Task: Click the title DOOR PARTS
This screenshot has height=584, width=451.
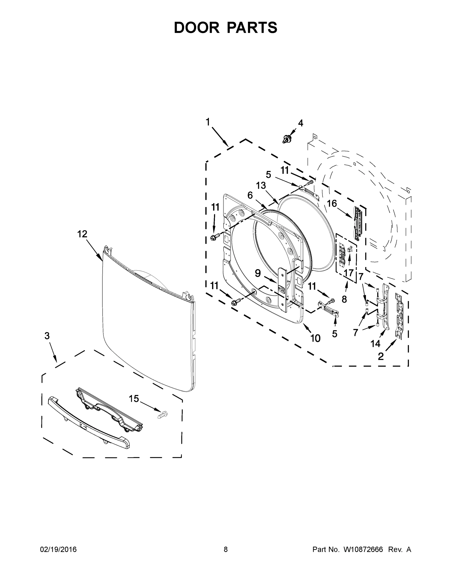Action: tap(226, 27)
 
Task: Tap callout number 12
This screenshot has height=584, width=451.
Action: tap(82, 234)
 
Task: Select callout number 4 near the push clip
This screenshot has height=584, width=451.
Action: tap(301, 123)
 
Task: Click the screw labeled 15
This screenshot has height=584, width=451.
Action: tap(163, 415)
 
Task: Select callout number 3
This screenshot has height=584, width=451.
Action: tap(47, 336)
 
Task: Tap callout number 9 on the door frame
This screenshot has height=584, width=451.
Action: tap(257, 273)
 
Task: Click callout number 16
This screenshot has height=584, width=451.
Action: tap(332, 203)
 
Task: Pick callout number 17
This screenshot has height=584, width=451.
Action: tap(349, 273)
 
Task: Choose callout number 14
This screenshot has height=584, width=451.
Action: tap(375, 344)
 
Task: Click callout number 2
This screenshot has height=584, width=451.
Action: tap(381, 356)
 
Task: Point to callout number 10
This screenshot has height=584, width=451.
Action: tap(316, 338)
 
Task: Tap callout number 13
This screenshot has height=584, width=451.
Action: tap(261, 185)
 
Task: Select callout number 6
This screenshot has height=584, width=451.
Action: tap(250, 195)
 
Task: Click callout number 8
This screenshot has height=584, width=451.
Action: tap(344, 299)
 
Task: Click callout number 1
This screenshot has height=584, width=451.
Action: tap(208, 122)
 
